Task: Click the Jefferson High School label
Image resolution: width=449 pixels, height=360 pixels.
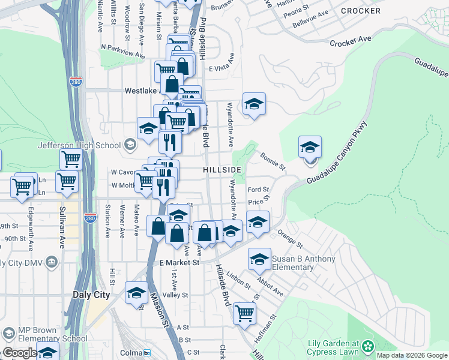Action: point(79,145)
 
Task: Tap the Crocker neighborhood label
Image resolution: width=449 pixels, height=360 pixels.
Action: point(360,11)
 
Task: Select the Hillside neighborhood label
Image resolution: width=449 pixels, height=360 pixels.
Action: point(222,170)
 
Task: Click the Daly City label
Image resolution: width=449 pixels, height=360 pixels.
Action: point(91,295)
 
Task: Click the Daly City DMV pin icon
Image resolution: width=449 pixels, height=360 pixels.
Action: point(52,262)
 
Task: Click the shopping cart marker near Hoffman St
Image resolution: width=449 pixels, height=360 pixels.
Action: point(244,313)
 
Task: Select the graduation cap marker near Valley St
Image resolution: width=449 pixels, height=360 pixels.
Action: point(136,293)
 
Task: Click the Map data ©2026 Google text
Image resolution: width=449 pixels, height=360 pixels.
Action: point(412,355)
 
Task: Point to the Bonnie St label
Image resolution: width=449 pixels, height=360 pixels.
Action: point(273,161)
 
